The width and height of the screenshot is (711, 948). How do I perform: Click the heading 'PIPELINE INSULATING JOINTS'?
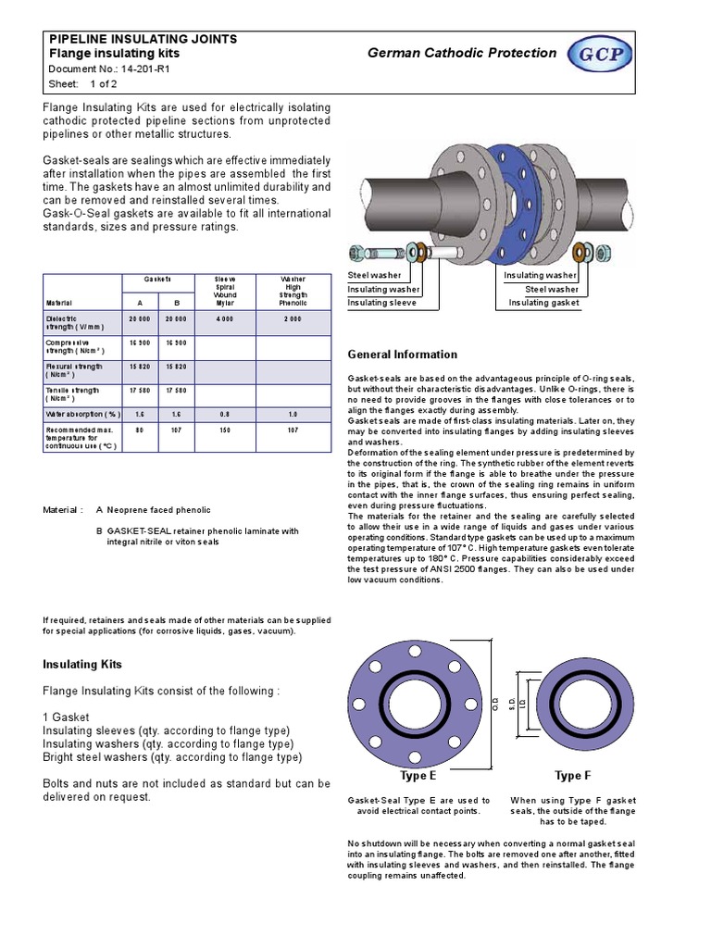(x=143, y=39)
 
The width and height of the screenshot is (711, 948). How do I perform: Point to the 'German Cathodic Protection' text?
(x=462, y=53)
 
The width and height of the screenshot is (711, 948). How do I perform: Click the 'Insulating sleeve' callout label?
(x=381, y=303)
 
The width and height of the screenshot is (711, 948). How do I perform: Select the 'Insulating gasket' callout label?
(x=543, y=303)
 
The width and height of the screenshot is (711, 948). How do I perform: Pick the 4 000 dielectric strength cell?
(x=225, y=319)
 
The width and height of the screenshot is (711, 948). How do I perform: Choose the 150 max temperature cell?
(x=225, y=430)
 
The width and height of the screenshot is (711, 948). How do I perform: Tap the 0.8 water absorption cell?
(x=225, y=415)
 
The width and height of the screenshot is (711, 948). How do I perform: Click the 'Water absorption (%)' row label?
(x=83, y=415)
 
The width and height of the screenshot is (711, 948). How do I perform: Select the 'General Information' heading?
(x=402, y=355)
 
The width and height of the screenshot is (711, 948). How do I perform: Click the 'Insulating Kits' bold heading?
(x=82, y=665)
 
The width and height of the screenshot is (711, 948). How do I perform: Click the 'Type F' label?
(x=568, y=776)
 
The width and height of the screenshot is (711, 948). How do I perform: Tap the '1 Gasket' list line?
(x=66, y=717)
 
